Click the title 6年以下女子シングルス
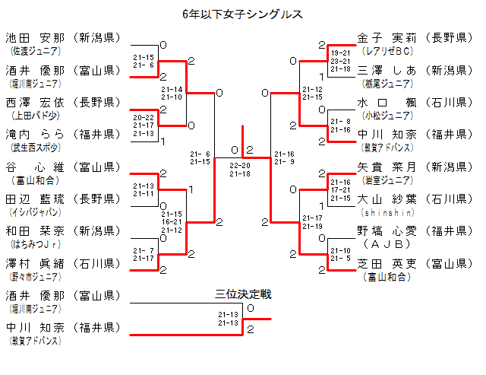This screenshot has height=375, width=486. tap(243, 14)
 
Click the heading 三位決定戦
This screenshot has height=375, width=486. tap(243, 294)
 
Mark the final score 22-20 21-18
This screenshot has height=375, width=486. tap(240, 170)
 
